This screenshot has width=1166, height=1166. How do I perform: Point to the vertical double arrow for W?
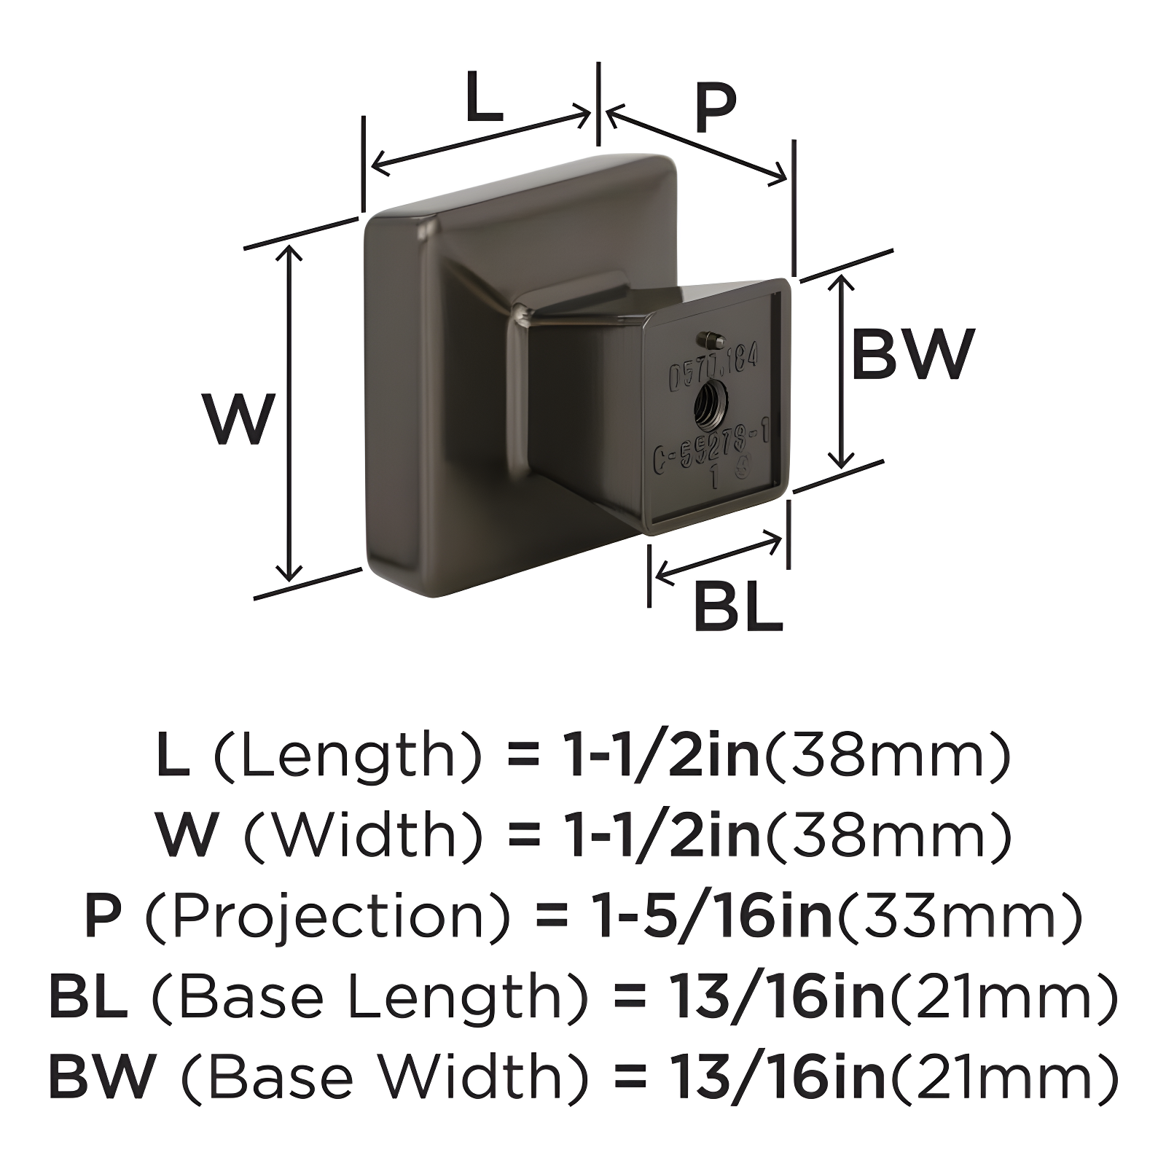tap(291, 412)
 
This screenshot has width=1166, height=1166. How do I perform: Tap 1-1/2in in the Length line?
tap(664, 755)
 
